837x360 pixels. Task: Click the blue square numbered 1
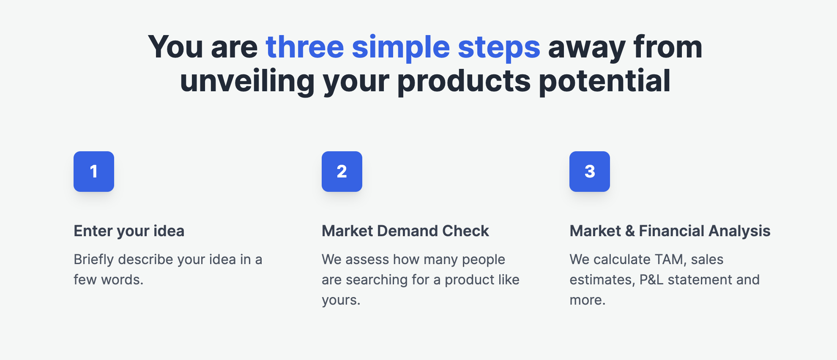(x=94, y=172)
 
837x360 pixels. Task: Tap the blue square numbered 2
(x=342, y=172)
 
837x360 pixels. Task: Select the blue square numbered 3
(x=590, y=172)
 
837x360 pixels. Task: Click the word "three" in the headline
(x=305, y=47)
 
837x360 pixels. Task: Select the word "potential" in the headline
(x=604, y=81)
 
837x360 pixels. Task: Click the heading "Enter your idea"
(x=129, y=231)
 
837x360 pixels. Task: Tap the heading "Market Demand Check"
(x=405, y=231)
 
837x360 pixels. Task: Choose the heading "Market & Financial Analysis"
(x=670, y=231)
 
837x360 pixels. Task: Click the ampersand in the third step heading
(x=630, y=231)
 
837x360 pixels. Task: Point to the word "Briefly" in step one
(x=94, y=259)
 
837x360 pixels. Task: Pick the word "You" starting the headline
(x=175, y=47)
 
